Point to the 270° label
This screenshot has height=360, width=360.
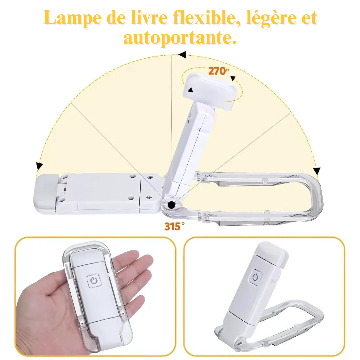tap(219, 71)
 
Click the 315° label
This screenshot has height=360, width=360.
tap(174, 226)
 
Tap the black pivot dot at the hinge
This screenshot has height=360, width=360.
tap(172, 205)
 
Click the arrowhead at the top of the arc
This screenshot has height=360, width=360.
tap(183, 55)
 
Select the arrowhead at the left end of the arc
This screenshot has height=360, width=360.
tap(39, 166)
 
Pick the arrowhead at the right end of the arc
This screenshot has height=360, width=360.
tap(317, 171)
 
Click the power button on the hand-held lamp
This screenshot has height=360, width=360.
tap(94, 281)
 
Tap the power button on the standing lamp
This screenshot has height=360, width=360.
tap(256, 277)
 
